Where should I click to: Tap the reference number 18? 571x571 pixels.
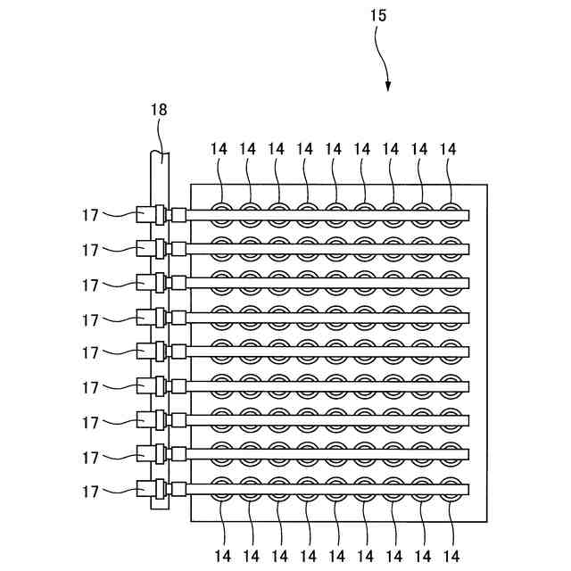point(158,110)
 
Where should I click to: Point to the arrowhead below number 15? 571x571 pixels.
point(388,86)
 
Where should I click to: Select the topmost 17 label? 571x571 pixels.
point(90,214)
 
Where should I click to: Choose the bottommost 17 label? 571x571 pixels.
point(90,492)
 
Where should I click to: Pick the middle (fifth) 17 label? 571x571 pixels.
point(90,353)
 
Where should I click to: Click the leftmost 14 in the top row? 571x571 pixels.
point(219,149)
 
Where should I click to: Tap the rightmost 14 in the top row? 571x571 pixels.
point(448,149)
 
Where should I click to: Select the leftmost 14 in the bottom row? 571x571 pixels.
point(219,557)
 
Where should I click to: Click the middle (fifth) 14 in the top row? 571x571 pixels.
point(334,149)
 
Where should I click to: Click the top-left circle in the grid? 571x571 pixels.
point(221,213)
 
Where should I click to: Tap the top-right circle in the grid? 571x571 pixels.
point(450,213)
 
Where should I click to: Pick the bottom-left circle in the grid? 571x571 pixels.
point(221,490)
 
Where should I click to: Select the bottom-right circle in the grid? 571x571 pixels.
point(450,490)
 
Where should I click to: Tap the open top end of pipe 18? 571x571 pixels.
point(159,154)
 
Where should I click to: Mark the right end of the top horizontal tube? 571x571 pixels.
point(468,213)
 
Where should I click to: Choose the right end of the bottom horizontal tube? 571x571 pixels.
point(468,490)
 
